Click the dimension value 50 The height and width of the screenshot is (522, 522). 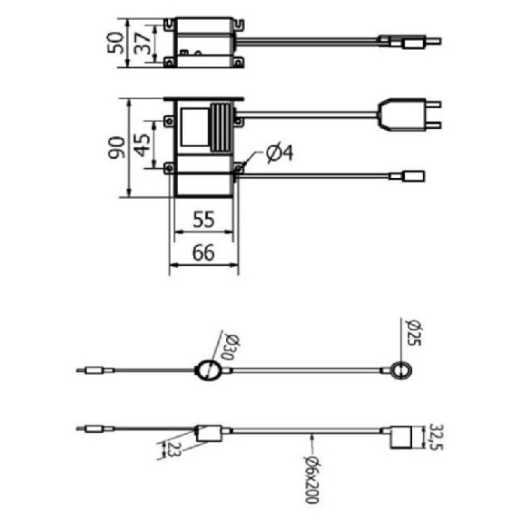[x=115, y=43]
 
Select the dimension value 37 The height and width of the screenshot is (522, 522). [x=143, y=44]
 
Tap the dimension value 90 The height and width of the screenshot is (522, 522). [x=117, y=147]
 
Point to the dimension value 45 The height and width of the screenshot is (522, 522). [x=143, y=145]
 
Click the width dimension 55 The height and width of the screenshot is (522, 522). [x=203, y=220]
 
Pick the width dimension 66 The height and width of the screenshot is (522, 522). [x=203, y=253]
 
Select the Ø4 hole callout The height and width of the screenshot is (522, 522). [x=280, y=153]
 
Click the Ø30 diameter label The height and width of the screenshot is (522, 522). [x=231, y=347]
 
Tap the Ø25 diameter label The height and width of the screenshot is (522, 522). [x=414, y=332]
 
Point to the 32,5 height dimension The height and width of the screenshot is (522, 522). [x=436, y=437]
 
